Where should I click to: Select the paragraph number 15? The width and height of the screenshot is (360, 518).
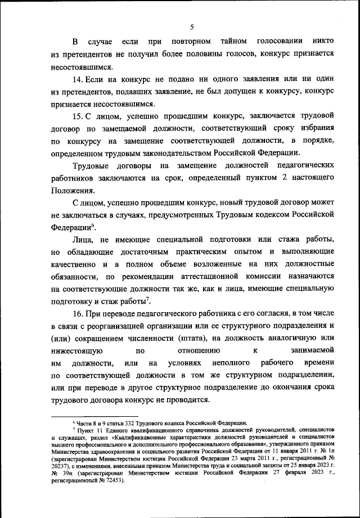[80, 116]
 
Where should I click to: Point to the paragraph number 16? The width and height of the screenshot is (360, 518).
[80, 313]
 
